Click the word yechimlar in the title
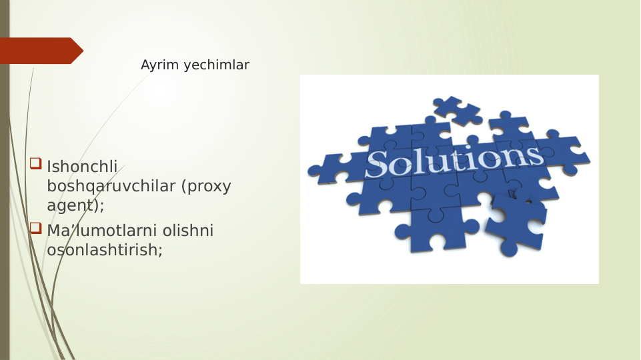[216, 65]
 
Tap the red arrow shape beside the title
[40, 51]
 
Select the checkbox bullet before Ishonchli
[35, 163]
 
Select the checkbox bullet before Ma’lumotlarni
[35, 229]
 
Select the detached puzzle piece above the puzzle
[457, 109]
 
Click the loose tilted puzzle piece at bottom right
[515, 224]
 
